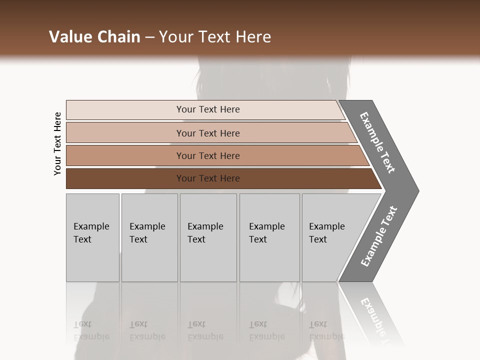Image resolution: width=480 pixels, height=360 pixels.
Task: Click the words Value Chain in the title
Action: pyautogui.click(x=94, y=37)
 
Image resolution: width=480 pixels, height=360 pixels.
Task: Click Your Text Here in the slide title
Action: pyautogui.click(x=215, y=37)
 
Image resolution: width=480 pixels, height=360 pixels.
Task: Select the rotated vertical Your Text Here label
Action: pyautogui.click(x=57, y=143)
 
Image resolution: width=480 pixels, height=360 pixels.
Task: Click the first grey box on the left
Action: pyautogui.click(x=92, y=260)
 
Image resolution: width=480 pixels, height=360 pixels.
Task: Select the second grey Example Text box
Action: pyautogui.click(x=149, y=260)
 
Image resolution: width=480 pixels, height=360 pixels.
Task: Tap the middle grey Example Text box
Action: pyautogui.click(x=208, y=260)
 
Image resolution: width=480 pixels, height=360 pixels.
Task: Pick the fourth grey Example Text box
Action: pyautogui.click(x=269, y=260)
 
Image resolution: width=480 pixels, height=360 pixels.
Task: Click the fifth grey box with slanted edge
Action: pyautogui.click(x=330, y=260)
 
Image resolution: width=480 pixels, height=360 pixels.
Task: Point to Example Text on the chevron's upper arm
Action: pyautogui.click(x=377, y=142)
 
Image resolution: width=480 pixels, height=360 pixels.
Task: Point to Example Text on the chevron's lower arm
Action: pyautogui.click(x=379, y=236)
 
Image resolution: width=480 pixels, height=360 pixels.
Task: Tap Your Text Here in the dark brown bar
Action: pyautogui.click(x=208, y=178)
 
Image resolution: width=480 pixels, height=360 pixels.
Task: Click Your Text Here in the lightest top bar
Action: pyautogui.click(x=208, y=109)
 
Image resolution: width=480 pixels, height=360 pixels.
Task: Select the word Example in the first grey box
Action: pyautogui.click(x=91, y=226)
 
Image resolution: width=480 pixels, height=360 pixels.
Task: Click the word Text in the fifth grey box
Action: pyautogui.click(x=318, y=239)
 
